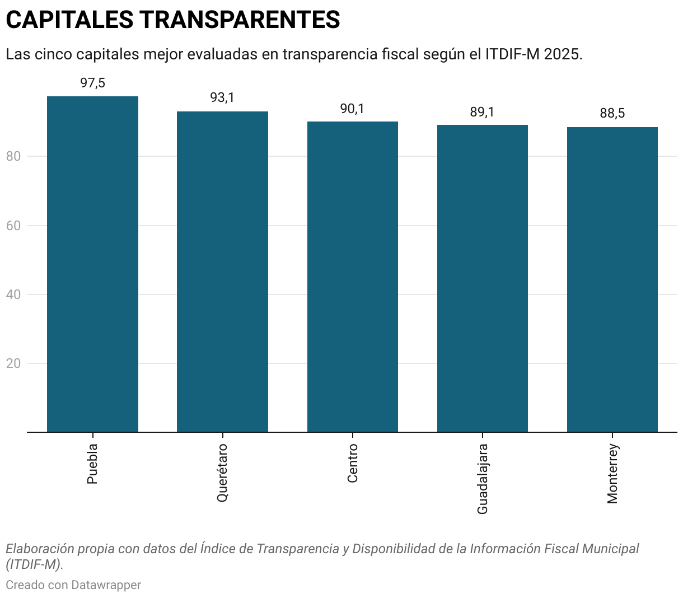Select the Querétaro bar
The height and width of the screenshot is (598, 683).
coord(222,272)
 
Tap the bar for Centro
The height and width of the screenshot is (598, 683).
coord(352,277)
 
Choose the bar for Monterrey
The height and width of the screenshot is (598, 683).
coord(612,279)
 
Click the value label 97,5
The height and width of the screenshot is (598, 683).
coord(92,83)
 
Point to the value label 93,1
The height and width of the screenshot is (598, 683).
coord(222,98)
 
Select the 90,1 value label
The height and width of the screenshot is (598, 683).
coord(352,109)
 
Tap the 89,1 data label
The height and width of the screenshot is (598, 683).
coord(482,112)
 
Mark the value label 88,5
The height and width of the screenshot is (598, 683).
coord(612,114)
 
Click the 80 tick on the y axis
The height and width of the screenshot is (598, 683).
coord(13,156)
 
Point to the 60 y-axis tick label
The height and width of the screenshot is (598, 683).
coord(13,226)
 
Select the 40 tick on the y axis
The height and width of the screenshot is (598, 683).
coord(13,295)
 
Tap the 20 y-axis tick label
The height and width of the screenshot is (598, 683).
coord(13,363)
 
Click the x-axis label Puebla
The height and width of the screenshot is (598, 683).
coord(92,464)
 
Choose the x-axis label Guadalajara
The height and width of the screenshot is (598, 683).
coord(482,479)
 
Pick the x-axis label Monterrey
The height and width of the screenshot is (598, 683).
coord(612,474)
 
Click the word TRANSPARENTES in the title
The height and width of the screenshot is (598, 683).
coord(240,20)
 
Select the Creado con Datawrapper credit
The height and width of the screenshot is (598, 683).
coord(73,585)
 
